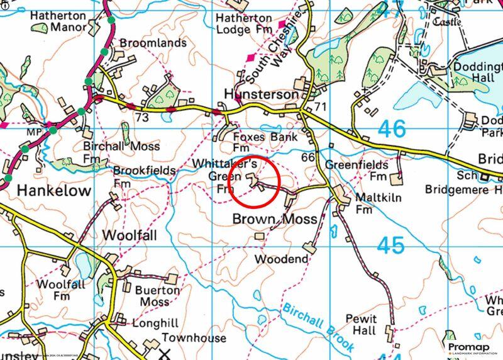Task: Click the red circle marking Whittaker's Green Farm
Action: click(253, 181)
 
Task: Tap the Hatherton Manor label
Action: click(57, 19)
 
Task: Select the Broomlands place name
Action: click(153, 43)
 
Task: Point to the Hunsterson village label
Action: click(261, 94)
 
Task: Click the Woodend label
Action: click(281, 259)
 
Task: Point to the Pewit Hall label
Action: click(361, 325)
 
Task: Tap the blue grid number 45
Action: click(391, 245)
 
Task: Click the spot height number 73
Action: click(141, 118)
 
